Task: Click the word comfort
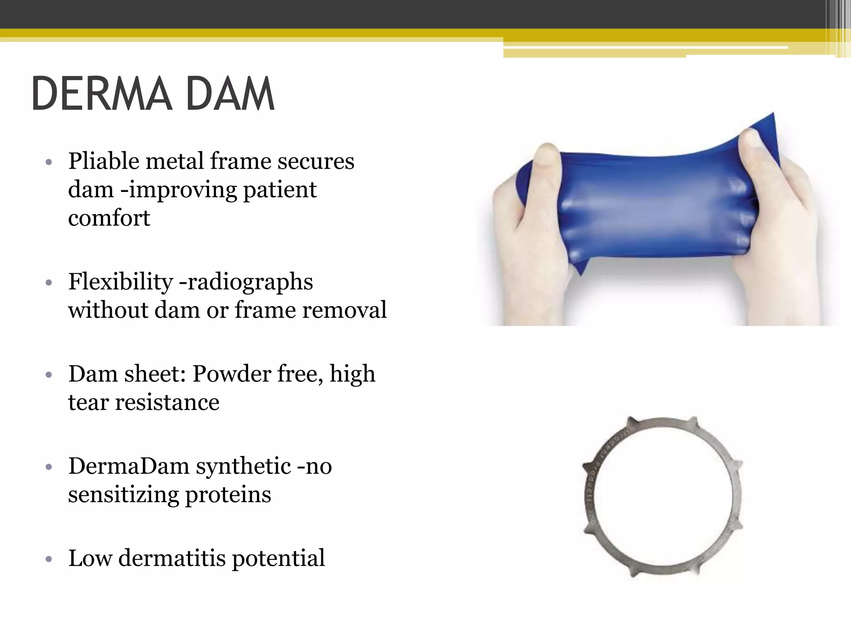(x=109, y=218)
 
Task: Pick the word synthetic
(x=243, y=466)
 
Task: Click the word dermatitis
(x=172, y=558)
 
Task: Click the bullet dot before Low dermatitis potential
(x=49, y=559)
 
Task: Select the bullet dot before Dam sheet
(x=49, y=375)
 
